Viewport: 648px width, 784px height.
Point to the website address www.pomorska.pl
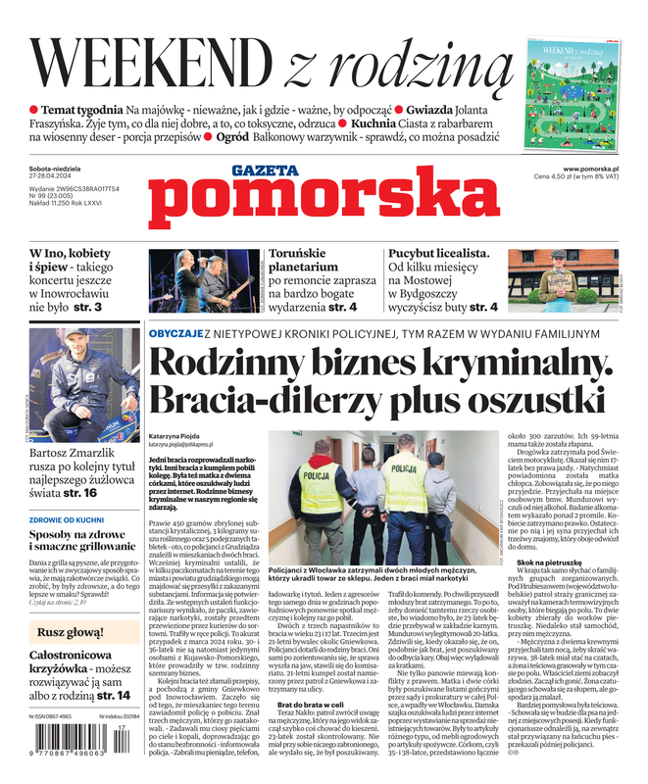(x=590, y=168)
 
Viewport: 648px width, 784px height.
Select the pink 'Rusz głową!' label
(x=71, y=632)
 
